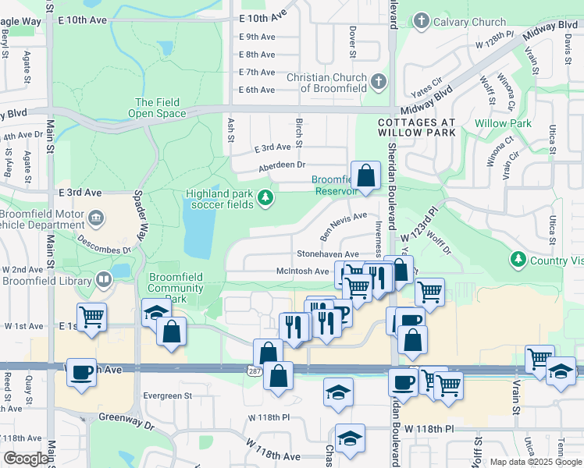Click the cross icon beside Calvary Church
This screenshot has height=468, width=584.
[422, 20]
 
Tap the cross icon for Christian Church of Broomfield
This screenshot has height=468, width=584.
[379, 80]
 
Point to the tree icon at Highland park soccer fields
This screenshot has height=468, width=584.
[266, 198]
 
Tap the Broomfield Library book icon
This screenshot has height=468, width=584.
[104, 279]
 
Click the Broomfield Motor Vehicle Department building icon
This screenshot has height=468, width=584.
[95, 217]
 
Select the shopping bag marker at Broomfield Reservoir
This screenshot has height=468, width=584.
[365, 174]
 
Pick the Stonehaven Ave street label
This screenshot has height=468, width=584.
[327, 254]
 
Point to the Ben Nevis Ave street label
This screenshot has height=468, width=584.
[343, 225]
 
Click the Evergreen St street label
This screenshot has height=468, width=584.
[166, 396]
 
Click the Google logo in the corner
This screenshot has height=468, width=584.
[26, 459]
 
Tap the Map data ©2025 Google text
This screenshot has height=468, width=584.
[535, 462]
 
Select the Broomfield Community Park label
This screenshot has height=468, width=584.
[176, 288]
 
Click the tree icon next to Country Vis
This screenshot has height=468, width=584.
[517, 258]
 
